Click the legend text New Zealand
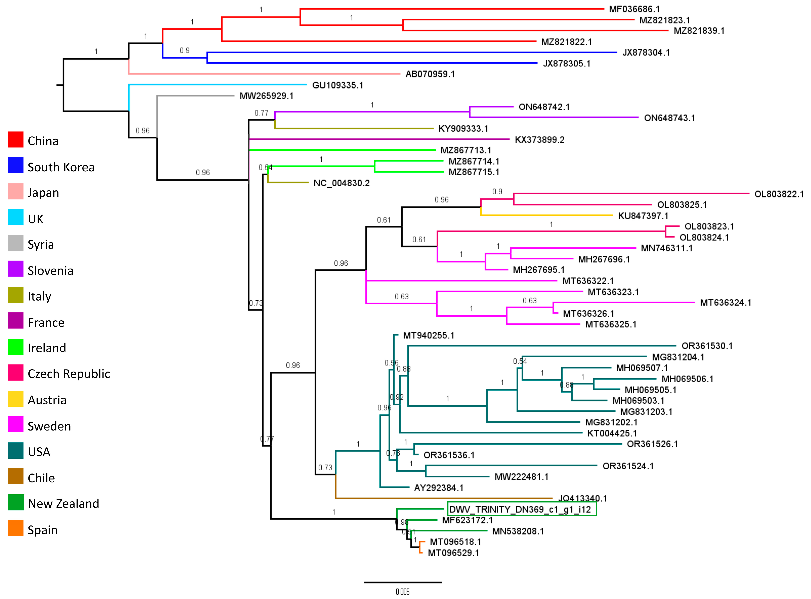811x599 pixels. tap(63, 504)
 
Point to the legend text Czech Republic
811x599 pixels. tap(69, 374)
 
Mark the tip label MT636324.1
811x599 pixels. tap(725, 303)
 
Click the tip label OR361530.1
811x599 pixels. tap(707, 346)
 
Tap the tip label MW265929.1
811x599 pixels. tap(266, 96)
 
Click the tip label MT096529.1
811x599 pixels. tap(453, 553)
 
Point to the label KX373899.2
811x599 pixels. tap(539, 140)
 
